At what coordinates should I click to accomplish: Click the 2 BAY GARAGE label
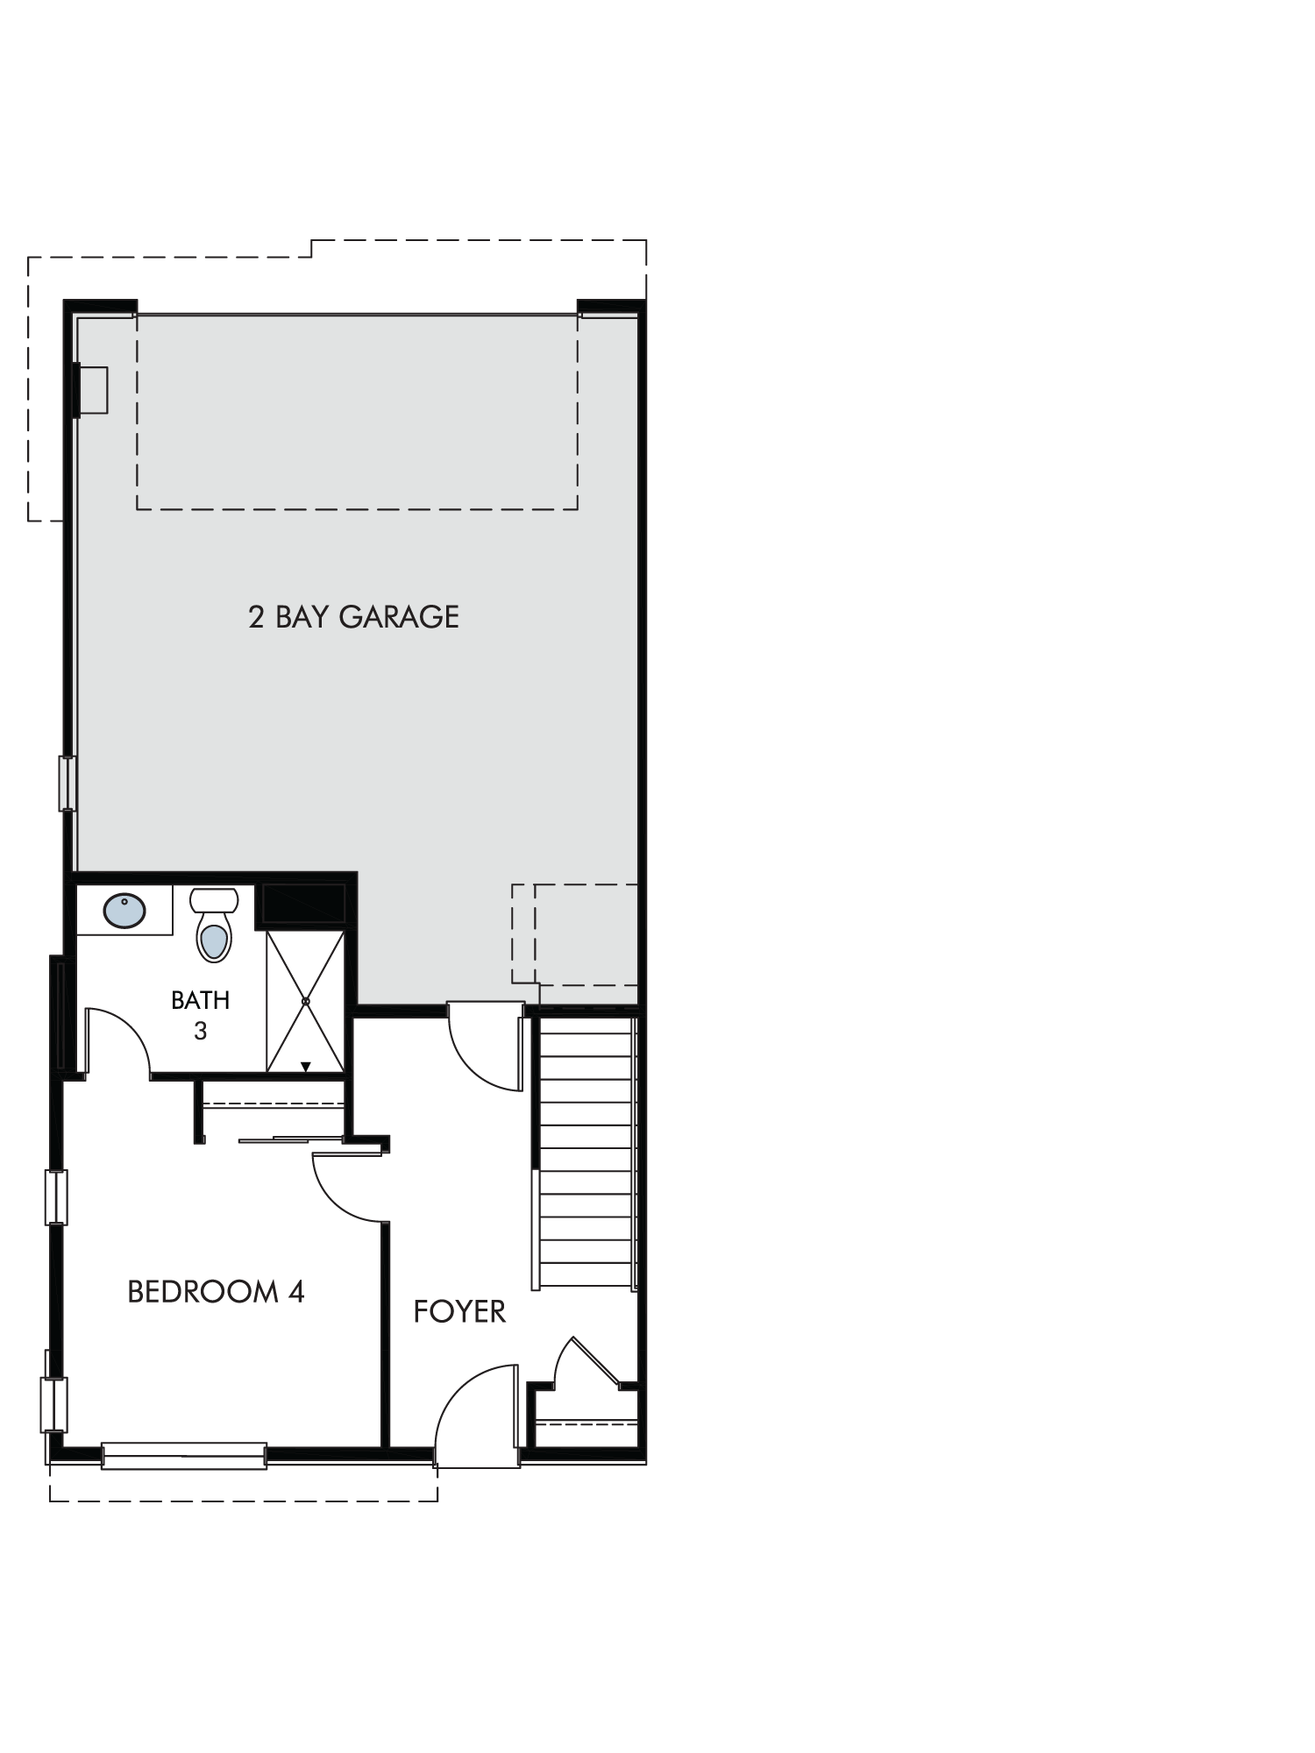click(x=353, y=616)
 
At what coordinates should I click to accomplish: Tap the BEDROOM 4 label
click(x=216, y=1292)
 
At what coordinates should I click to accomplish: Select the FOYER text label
click(x=459, y=1311)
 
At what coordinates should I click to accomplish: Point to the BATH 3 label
click(x=200, y=1015)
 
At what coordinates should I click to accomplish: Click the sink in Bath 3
click(x=124, y=911)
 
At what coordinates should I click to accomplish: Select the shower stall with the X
click(x=305, y=1002)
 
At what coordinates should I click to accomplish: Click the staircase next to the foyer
click(x=586, y=1152)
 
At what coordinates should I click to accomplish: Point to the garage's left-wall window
click(x=68, y=784)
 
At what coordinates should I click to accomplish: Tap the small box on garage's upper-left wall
click(x=91, y=390)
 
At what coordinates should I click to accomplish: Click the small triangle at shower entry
click(x=305, y=1067)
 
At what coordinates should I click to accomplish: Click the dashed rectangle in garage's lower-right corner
click(x=575, y=933)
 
